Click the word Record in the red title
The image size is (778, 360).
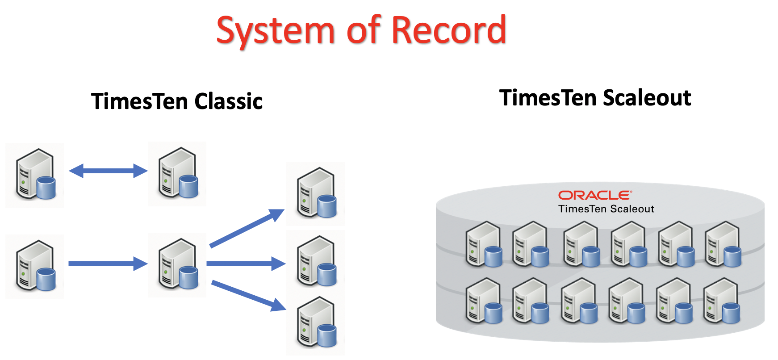(449, 30)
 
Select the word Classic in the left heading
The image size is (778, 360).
(228, 101)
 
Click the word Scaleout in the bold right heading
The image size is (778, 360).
(647, 98)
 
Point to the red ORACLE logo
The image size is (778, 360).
(595, 195)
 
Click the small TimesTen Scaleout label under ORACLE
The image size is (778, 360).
(606, 209)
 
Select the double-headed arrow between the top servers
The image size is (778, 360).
(108, 171)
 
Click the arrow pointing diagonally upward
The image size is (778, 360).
(247, 228)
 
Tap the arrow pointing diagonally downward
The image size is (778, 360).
(248, 295)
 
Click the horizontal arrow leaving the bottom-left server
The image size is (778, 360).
(108, 264)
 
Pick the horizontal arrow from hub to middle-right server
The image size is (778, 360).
(246, 264)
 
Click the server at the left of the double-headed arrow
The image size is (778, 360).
(35, 175)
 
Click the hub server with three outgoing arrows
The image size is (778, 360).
(178, 264)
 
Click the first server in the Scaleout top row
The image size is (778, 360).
(484, 244)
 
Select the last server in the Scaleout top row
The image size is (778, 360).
(723, 244)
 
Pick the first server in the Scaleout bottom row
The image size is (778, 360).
(484, 301)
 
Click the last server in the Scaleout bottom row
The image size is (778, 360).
(721, 301)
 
